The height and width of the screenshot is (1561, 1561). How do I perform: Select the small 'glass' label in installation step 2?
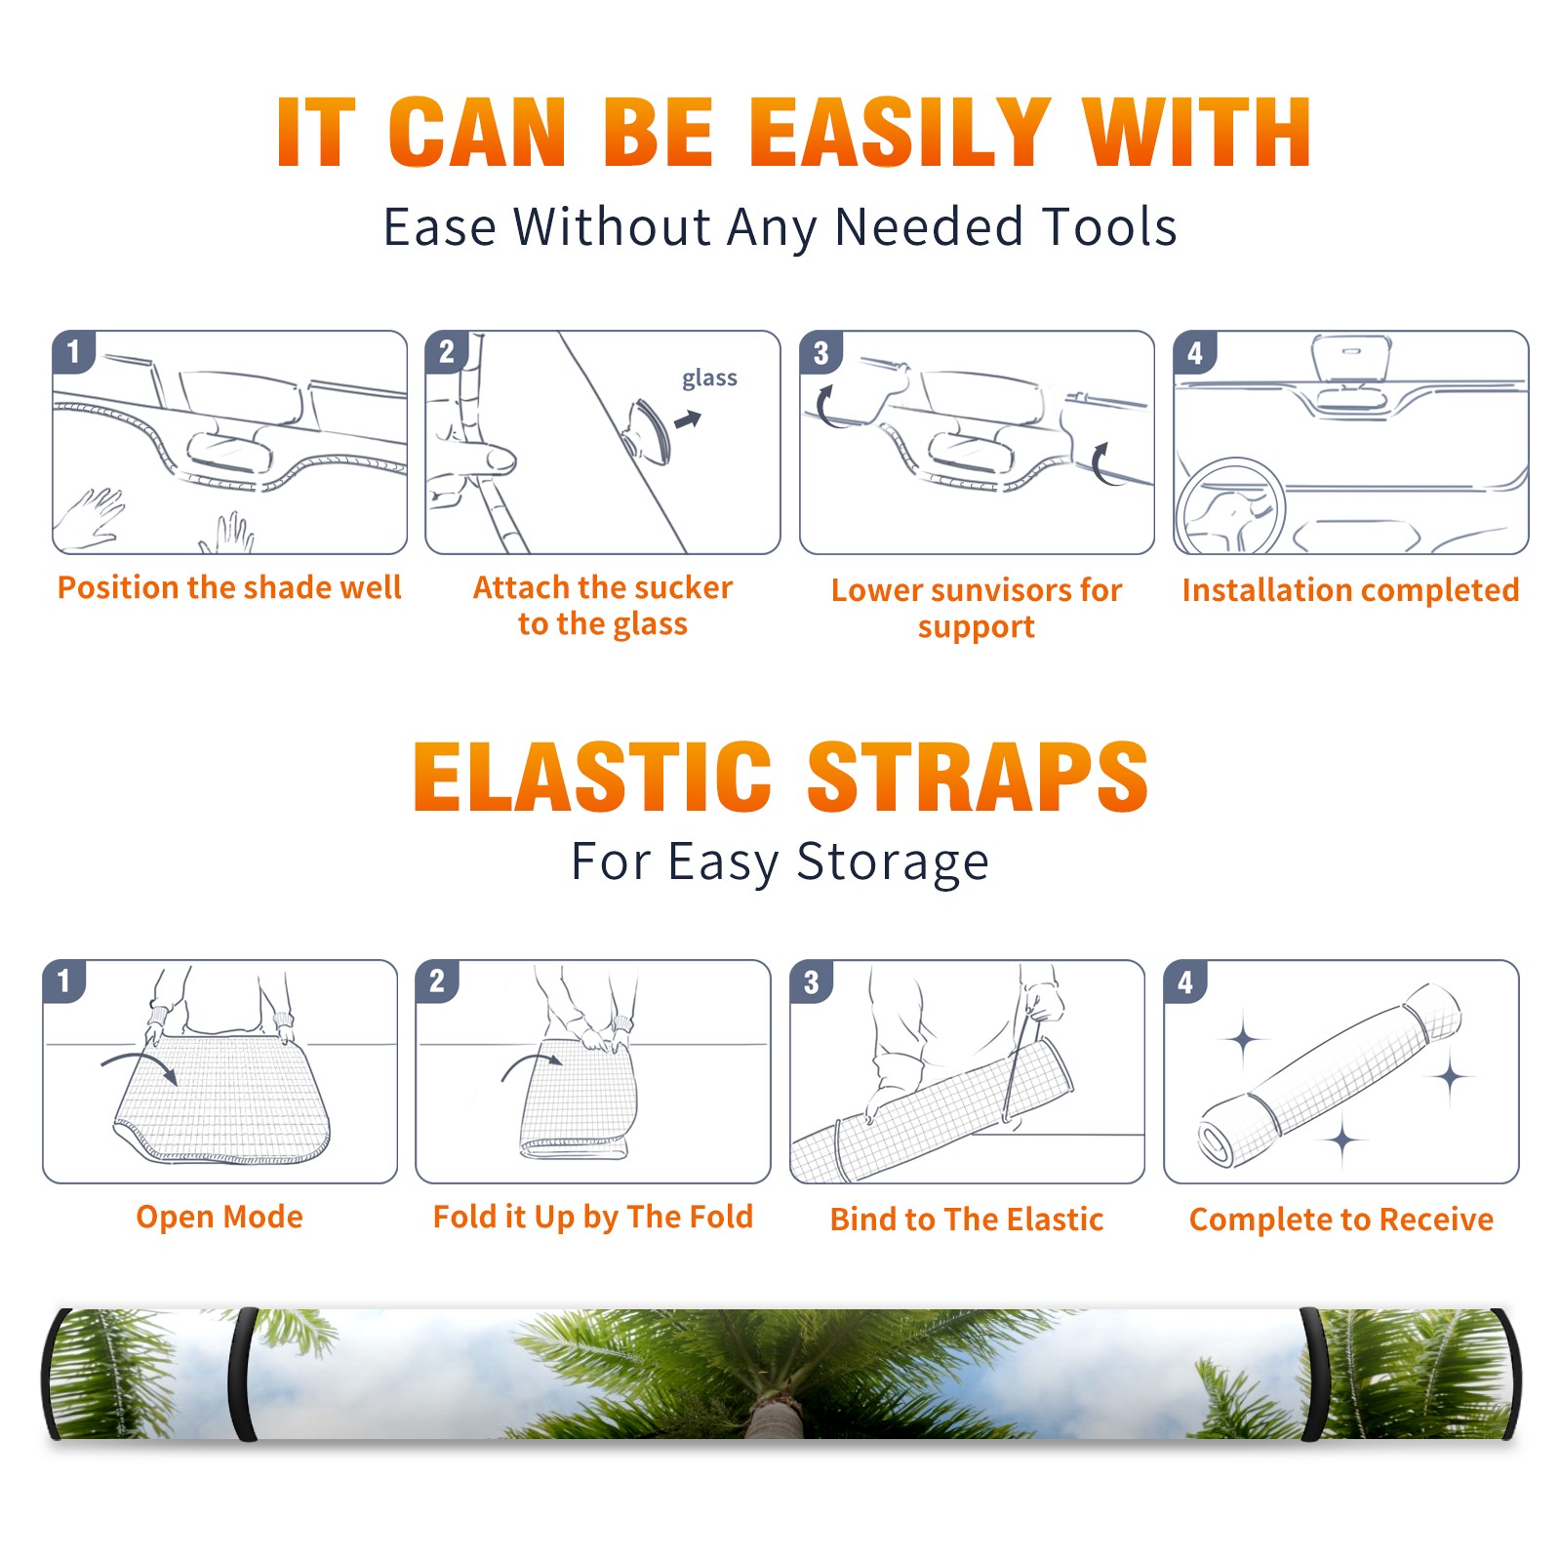tap(709, 378)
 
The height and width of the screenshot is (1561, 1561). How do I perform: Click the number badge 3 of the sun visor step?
tap(821, 352)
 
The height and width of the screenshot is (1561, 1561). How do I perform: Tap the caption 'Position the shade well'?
tap(229, 587)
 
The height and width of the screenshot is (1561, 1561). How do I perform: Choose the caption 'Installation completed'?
tap(1350, 589)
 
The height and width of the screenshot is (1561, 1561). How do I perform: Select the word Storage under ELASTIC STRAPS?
tap(893, 862)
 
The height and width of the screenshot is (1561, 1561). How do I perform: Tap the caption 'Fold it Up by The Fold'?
tap(593, 1217)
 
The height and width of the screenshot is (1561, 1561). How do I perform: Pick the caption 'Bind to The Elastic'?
tap(967, 1219)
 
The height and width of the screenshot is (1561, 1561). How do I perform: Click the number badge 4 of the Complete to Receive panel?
tap(1185, 981)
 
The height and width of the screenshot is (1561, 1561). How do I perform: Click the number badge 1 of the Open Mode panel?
tap(64, 981)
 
